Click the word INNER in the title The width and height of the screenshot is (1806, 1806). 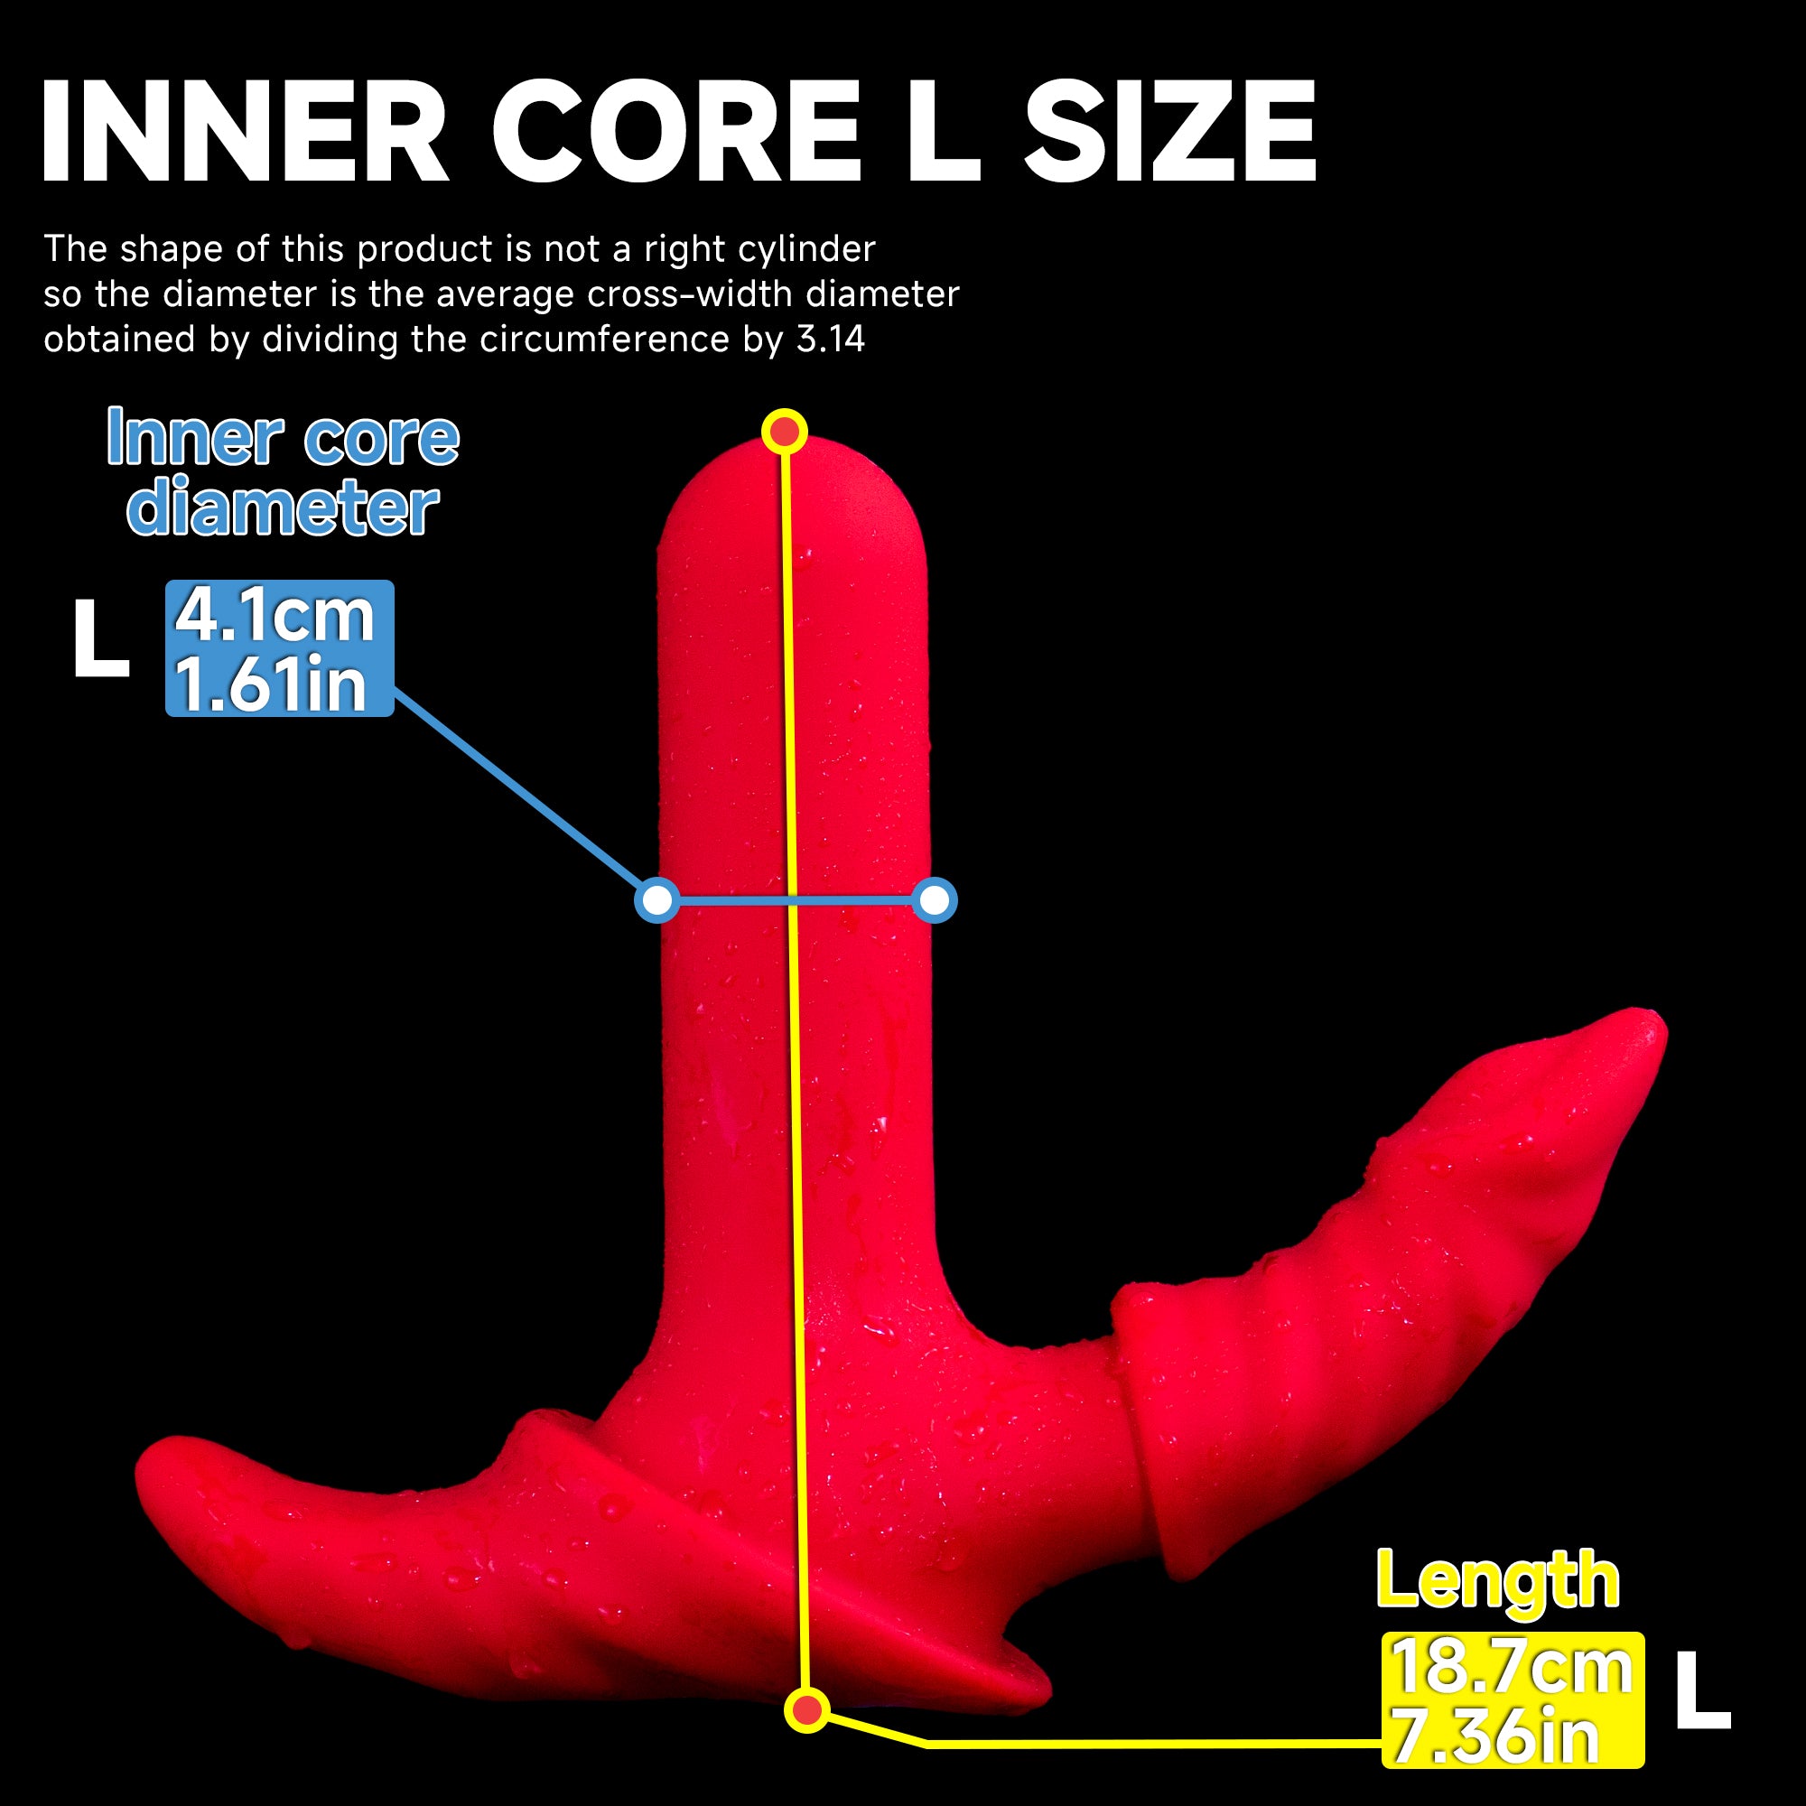(245, 131)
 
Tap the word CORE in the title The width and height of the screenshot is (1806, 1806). (675, 131)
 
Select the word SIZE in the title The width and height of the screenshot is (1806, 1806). (1170, 131)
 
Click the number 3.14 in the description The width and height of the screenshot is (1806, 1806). (831, 339)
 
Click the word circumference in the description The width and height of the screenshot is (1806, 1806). (604, 339)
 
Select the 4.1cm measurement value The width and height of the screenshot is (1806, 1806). (275, 615)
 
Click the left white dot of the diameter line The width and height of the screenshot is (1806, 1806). (658, 900)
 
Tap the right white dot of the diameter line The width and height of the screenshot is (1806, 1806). (935, 900)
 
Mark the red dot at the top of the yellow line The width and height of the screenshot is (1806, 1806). (785, 432)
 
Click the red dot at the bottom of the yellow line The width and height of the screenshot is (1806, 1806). (806, 1709)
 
